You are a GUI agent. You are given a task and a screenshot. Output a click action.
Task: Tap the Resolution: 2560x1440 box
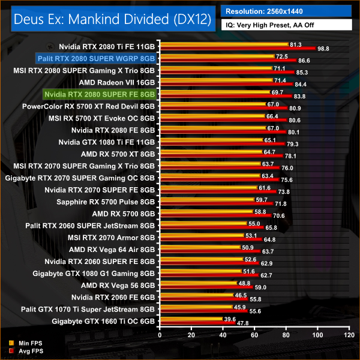pyautogui.click(x=286, y=11)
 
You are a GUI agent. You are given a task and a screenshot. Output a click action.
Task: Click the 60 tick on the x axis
pyautogui.click(x=254, y=334)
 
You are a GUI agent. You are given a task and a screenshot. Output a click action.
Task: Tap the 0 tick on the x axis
pyautogui.click(x=159, y=334)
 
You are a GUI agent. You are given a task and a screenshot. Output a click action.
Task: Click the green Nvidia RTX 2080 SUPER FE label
pyautogui.click(x=100, y=95)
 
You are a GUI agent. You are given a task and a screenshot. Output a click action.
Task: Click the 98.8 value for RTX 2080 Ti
pyautogui.click(x=324, y=48)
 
